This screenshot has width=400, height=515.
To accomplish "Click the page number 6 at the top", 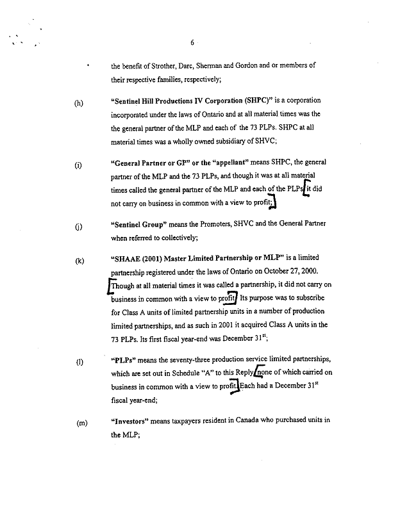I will (192, 43).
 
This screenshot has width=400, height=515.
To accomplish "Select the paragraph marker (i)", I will (78, 165).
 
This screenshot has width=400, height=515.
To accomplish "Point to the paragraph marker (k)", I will (79, 261).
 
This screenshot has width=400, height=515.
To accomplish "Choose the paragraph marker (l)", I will (79, 362).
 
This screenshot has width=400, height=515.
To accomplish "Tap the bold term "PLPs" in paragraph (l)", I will (125, 359).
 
